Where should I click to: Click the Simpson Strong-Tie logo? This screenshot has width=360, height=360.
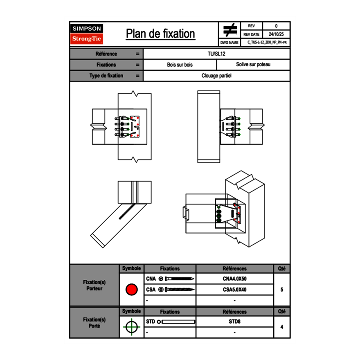87,34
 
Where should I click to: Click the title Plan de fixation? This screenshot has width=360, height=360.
160,34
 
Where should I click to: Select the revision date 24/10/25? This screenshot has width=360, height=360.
276,34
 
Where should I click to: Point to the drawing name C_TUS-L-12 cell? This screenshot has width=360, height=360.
266,43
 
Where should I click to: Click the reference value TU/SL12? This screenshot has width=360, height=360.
216,54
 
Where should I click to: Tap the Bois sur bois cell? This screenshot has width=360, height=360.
180,65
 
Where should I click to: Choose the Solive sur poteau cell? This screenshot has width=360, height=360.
253,65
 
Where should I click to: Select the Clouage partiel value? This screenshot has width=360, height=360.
216,76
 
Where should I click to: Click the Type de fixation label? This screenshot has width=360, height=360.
106,76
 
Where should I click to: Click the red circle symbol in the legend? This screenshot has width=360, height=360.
131,290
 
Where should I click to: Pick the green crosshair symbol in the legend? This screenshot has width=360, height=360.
131,327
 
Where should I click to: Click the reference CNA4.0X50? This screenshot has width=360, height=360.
234,279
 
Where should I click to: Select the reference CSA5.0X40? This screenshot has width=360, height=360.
234,290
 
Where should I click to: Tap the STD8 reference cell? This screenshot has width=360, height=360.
234,322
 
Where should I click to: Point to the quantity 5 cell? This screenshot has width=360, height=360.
281,290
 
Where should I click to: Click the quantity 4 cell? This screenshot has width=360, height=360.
281,327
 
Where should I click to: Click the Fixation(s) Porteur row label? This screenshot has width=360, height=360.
94,285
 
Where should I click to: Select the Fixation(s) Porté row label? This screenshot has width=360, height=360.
94,323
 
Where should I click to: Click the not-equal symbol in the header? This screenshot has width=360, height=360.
230,30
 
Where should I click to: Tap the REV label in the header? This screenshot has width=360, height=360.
251,26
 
